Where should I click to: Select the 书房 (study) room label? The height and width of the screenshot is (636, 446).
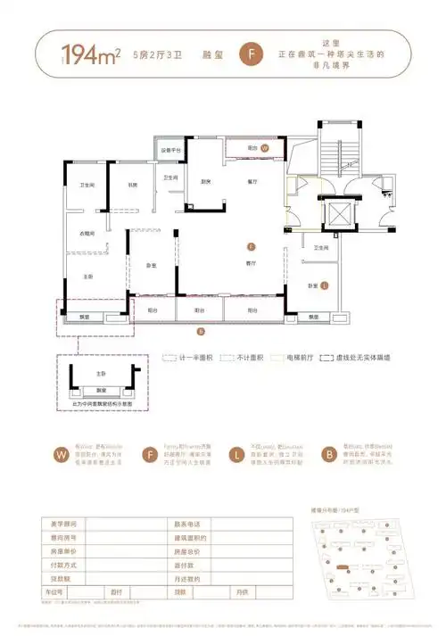[x=131, y=186]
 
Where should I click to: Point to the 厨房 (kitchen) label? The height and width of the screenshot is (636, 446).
[x=206, y=182]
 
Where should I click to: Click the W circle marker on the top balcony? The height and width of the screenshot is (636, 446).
[x=265, y=149]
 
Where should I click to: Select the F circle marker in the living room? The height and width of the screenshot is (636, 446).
[x=252, y=246]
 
